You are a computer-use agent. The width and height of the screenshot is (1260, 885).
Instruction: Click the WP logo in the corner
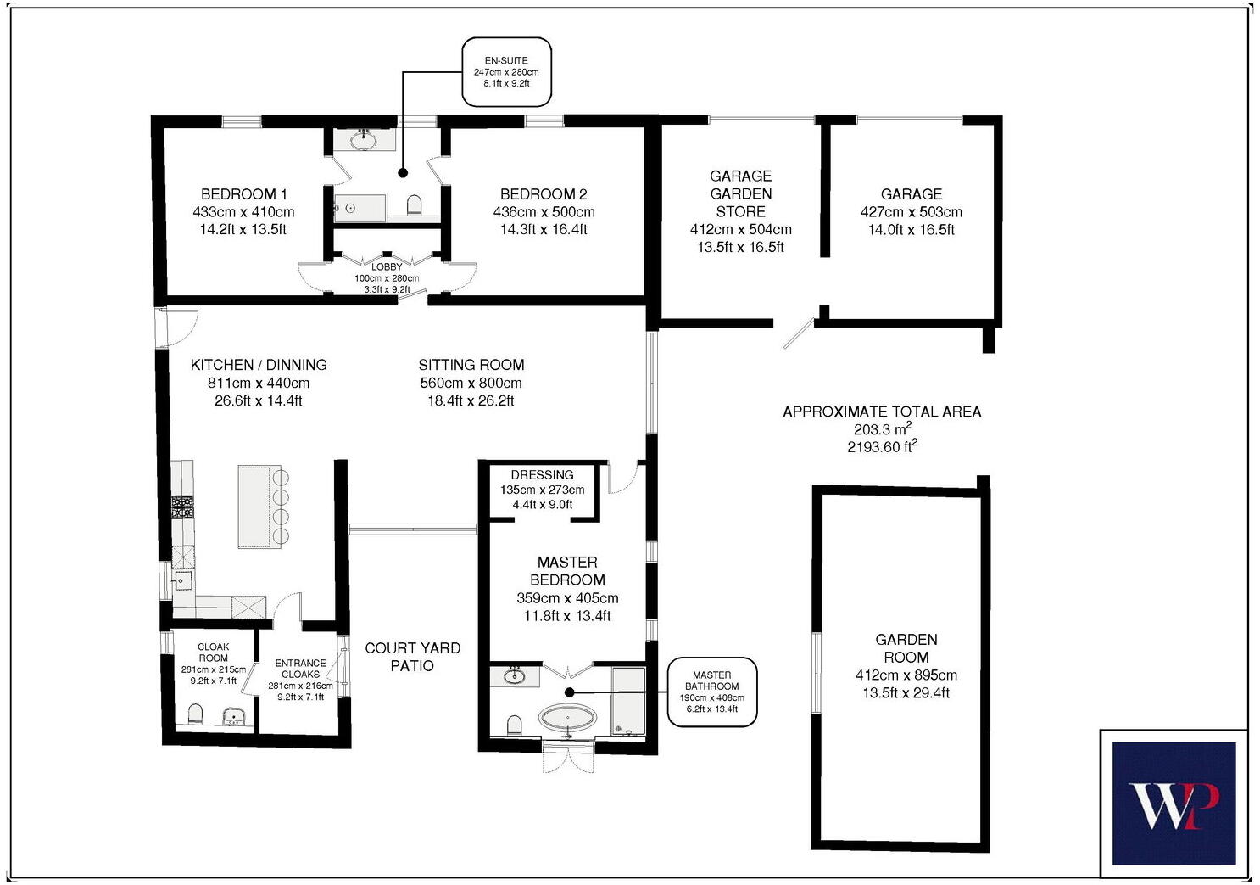(x=1174, y=804)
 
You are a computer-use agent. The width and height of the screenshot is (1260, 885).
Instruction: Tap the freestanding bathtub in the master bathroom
(x=567, y=720)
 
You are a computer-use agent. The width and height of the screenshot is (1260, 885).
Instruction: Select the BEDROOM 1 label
(x=243, y=194)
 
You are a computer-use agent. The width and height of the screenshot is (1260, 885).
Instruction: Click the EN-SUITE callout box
(x=506, y=72)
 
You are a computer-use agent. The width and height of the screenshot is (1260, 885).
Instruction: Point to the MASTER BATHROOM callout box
(x=711, y=692)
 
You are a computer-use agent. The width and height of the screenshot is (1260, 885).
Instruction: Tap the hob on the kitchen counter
(x=182, y=507)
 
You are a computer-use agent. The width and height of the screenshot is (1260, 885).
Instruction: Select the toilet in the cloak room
(x=195, y=714)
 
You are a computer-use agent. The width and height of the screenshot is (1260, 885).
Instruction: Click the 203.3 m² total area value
(x=882, y=429)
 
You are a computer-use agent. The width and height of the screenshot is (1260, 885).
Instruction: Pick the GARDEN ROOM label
(x=906, y=648)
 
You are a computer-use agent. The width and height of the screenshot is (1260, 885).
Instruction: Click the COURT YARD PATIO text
(x=412, y=657)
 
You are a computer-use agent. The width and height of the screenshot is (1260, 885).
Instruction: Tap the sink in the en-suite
(x=365, y=140)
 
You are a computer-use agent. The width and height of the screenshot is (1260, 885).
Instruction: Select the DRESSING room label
(x=542, y=475)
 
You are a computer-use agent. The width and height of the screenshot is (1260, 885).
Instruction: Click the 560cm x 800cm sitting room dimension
(x=471, y=383)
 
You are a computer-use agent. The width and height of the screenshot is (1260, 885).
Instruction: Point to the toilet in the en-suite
(x=415, y=205)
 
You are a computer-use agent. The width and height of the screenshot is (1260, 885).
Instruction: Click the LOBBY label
(x=387, y=267)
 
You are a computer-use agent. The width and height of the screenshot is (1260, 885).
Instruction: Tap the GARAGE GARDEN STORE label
(x=740, y=193)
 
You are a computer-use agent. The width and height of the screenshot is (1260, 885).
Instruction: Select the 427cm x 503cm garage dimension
(x=911, y=212)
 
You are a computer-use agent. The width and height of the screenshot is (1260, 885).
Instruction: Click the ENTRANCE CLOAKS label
(x=300, y=669)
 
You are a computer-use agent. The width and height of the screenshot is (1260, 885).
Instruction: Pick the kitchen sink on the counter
(x=182, y=581)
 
